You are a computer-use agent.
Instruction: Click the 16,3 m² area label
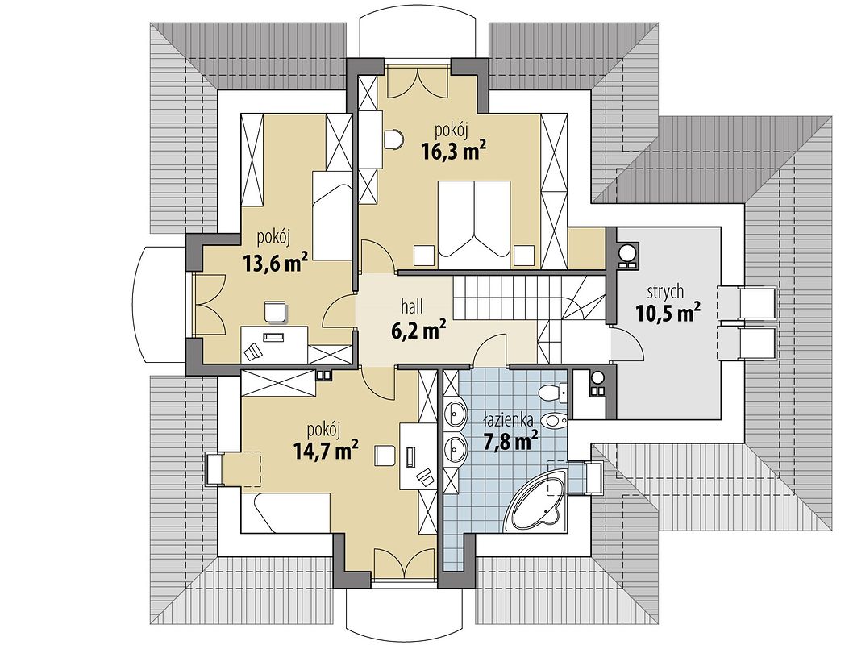point(452,152)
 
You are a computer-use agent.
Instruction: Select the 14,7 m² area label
point(326,450)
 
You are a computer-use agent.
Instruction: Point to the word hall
point(412,306)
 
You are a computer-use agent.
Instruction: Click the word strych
point(665,293)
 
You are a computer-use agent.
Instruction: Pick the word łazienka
point(509,418)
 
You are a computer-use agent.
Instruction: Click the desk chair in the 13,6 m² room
point(276,311)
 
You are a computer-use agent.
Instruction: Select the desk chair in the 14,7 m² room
point(385,455)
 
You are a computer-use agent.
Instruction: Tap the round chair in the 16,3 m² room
point(394,139)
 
